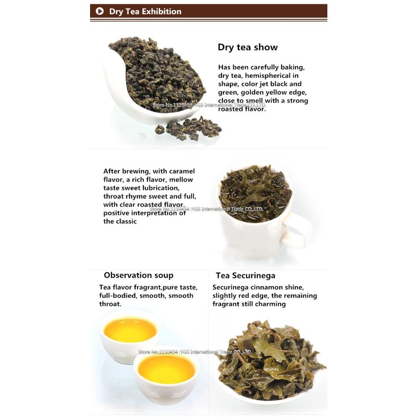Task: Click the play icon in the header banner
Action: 99,11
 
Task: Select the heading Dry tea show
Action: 247,47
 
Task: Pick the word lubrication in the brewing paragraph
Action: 160,188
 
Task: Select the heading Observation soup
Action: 138,275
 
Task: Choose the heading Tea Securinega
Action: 245,276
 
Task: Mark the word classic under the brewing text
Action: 126,221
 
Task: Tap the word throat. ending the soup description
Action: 110,304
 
